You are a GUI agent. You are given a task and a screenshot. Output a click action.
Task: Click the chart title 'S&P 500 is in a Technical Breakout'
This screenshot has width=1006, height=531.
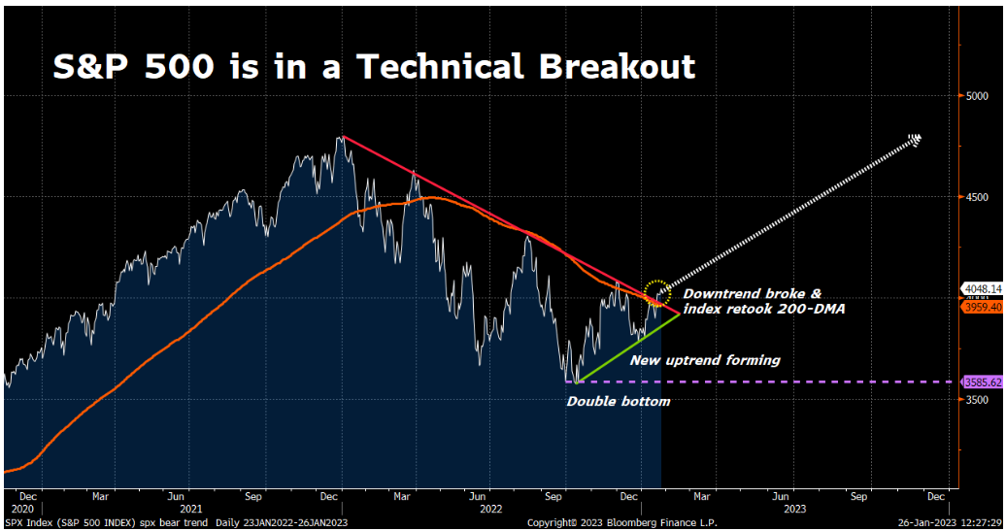click(x=374, y=66)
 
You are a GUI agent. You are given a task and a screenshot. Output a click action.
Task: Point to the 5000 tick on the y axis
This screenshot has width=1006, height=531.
click(x=978, y=96)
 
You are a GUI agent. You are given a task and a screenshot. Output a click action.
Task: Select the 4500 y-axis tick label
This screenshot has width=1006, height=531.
click(x=978, y=197)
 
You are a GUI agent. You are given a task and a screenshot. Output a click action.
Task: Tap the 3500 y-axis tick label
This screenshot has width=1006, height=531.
click(x=978, y=399)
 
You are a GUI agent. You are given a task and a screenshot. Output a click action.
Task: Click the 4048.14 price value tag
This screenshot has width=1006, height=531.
click(x=983, y=288)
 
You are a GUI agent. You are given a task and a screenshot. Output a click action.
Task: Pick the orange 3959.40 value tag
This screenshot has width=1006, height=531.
click(x=983, y=307)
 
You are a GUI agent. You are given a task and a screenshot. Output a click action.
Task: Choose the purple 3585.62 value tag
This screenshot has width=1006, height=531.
click(x=983, y=382)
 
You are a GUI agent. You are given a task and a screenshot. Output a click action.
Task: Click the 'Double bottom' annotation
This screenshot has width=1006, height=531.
click(x=618, y=401)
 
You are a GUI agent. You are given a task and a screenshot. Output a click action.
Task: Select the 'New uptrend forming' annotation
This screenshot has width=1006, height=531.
click(x=705, y=360)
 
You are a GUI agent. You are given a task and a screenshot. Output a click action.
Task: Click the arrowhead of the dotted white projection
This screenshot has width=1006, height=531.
click(x=915, y=140)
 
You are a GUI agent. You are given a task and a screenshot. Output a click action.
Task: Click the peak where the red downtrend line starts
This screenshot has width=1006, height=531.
click(x=342, y=137)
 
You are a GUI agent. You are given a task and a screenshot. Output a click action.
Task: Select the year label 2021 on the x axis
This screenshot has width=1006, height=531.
click(x=190, y=508)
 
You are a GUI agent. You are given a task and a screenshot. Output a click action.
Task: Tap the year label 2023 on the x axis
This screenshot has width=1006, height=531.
click(x=793, y=508)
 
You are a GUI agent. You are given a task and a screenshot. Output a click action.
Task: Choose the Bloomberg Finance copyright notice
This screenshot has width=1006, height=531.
click(x=601, y=522)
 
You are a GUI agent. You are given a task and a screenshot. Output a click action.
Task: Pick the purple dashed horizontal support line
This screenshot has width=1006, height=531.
click(x=816, y=382)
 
